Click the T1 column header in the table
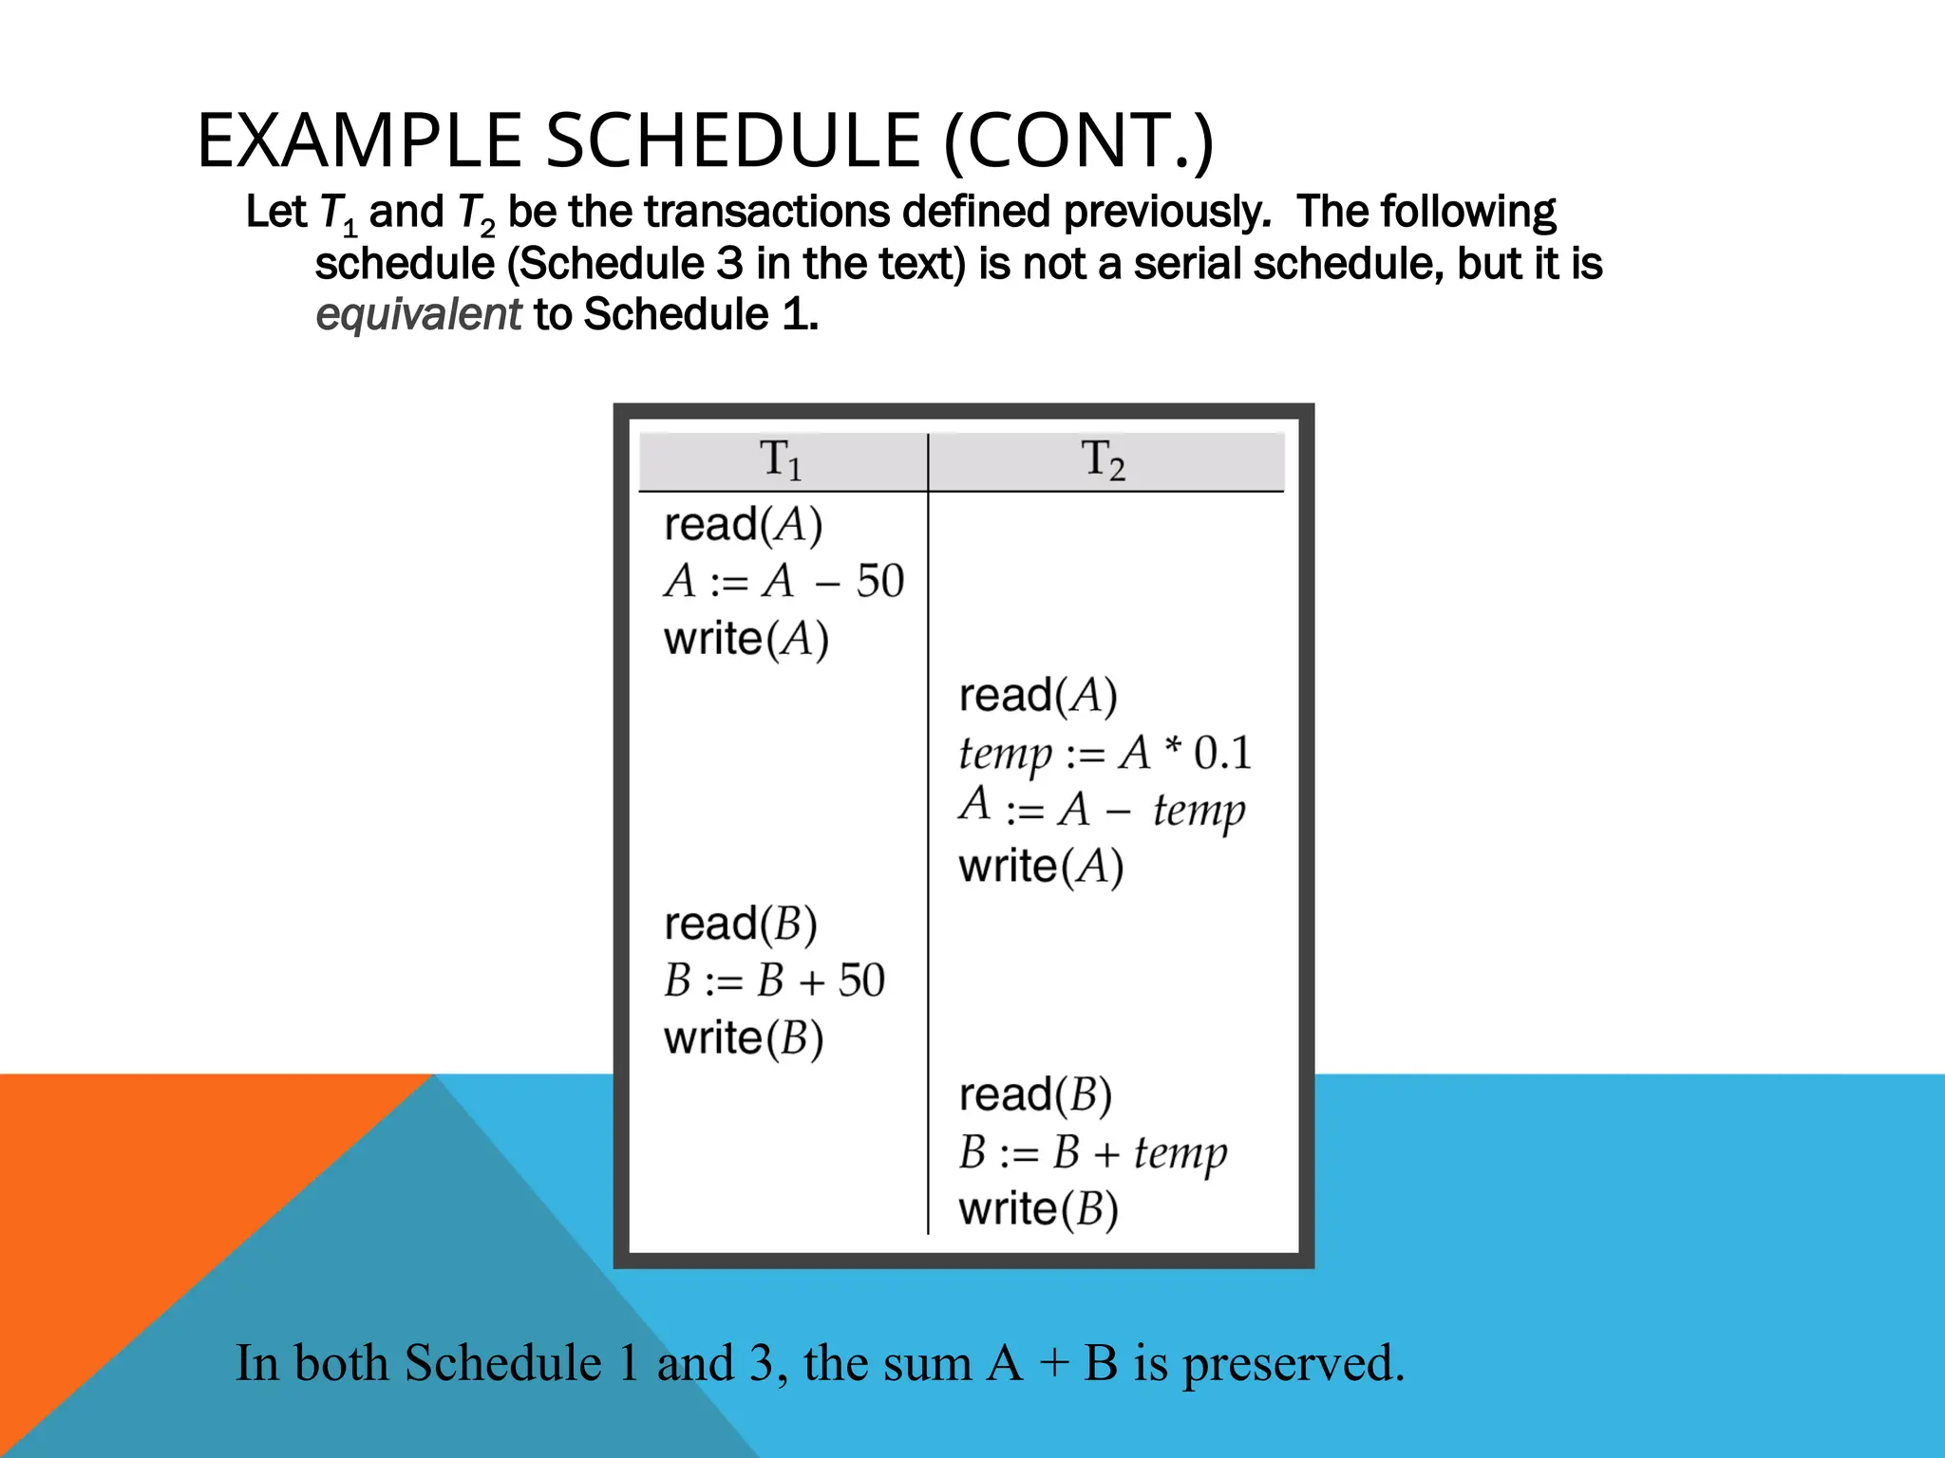click(x=781, y=460)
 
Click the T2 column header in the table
click(x=1104, y=460)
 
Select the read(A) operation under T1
click(x=743, y=525)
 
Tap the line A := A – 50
click(x=784, y=581)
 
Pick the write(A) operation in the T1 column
click(x=746, y=639)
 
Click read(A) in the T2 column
click(x=1038, y=696)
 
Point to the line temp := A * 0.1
click(x=1105, y=753)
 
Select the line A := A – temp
click(x=1102, y=810)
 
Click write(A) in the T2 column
click(x=1041, y=867)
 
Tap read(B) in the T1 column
click(x=741, y=925)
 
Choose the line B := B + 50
click(x=774, y=981)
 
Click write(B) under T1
click(x=744, y=1038)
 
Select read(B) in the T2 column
click(x=1035, y=1095)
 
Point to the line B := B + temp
click(x=1093, y=1152)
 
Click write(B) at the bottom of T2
click(x=1038, y=1209)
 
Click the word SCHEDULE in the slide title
click(x=732, y=140)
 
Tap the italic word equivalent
click(x=418, y=314)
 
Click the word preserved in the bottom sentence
click(x=1293, y=1363)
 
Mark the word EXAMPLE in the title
click(x=359, y=140)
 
